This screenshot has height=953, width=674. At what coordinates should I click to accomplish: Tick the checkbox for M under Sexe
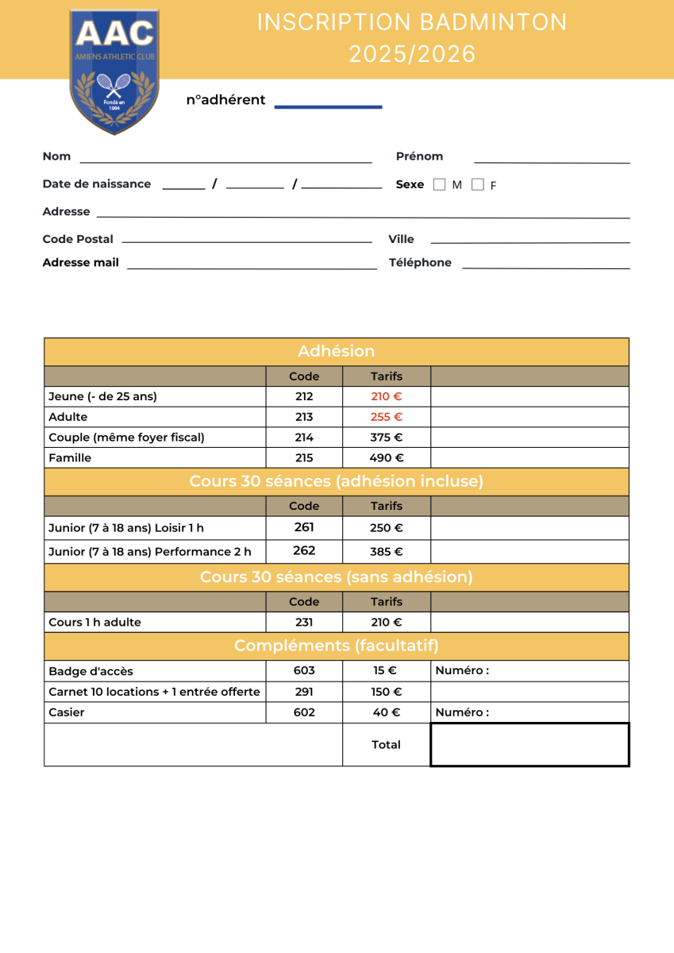pos(440,184)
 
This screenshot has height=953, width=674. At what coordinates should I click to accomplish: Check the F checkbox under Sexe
pos(477,184)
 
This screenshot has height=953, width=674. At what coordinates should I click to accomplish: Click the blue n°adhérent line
pos(328,106)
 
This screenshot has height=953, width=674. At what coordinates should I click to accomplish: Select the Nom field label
pos(56,156)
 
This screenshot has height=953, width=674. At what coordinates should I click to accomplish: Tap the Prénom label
pos(419,156)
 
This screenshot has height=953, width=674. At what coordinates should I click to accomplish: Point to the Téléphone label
pos(420,263)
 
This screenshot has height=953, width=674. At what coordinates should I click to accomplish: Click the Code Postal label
pos(78,239)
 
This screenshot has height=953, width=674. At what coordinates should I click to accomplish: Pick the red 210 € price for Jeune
pos(387,396)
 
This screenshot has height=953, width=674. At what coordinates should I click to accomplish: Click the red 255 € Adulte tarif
pos(387,417)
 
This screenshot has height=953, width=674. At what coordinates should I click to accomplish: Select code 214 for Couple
pos(304,438)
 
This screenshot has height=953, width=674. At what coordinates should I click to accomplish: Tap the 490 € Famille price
pos(387,458)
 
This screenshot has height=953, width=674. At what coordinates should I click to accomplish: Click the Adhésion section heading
pos(337,351)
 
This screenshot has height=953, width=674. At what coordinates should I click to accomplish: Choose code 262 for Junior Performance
pos(304,550)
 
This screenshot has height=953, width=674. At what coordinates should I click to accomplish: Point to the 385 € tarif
pos(387,552)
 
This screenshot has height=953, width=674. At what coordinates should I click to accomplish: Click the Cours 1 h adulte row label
pos(94,623)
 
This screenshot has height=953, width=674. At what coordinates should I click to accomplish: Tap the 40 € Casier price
pos(387,712)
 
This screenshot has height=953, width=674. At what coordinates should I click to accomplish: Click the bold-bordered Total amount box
pos(530,745)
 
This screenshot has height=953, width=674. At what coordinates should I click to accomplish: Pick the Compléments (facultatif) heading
pos(337,646)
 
